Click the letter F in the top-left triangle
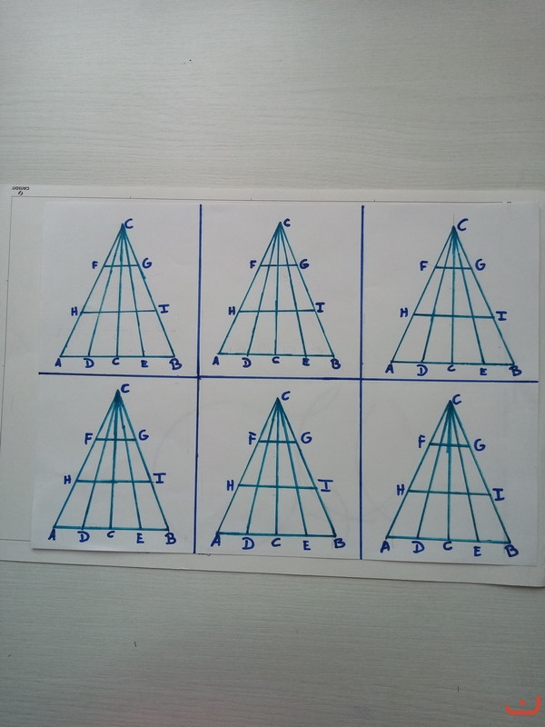(x=95, y=265)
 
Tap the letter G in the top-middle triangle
(x=304, y=264)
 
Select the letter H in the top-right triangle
(x=404, y=313)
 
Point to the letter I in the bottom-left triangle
(x=160, y=478)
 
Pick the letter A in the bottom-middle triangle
(x=215, y=541)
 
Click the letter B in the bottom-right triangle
(x=511, y=552)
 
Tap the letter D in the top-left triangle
(x=89, y=363)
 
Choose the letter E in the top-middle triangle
(x=305, y=363)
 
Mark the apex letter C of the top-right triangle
(x=462, y=225)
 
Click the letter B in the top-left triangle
(x=175, y=364)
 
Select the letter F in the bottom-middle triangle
(x=253, y=438)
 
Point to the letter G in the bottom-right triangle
(x=480, y=445)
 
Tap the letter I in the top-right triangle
(x=501, y=316)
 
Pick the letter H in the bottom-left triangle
(x=67, y=480)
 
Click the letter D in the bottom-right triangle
(x=418, y=547)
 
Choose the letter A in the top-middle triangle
(x=215, y=361)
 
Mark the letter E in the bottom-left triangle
(x=140, y=538)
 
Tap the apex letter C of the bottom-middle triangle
(x=285, y=395)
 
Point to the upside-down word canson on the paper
(x=20, y=189)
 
